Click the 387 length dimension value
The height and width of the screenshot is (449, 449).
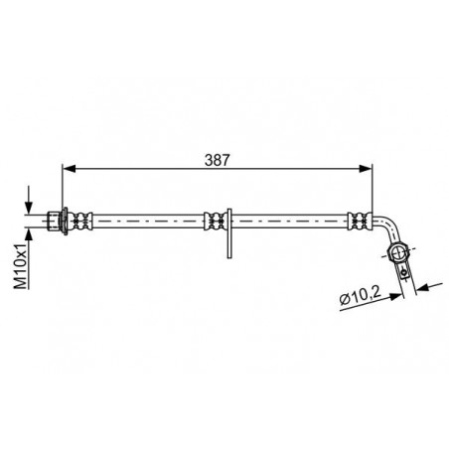pos(217,160)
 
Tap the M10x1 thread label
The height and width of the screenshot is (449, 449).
pos(21,266)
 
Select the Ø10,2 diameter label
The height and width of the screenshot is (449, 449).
pos(361,296)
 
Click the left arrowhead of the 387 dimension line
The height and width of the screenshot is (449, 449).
pos(69,169)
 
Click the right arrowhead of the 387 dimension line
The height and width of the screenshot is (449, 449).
pos(366,169)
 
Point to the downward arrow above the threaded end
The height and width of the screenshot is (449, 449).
pos(29,200)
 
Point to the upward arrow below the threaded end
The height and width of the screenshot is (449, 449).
pos(29,241)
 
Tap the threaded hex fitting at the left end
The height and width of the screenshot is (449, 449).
pos(53,221)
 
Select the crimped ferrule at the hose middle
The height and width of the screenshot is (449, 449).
pos(214,221)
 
